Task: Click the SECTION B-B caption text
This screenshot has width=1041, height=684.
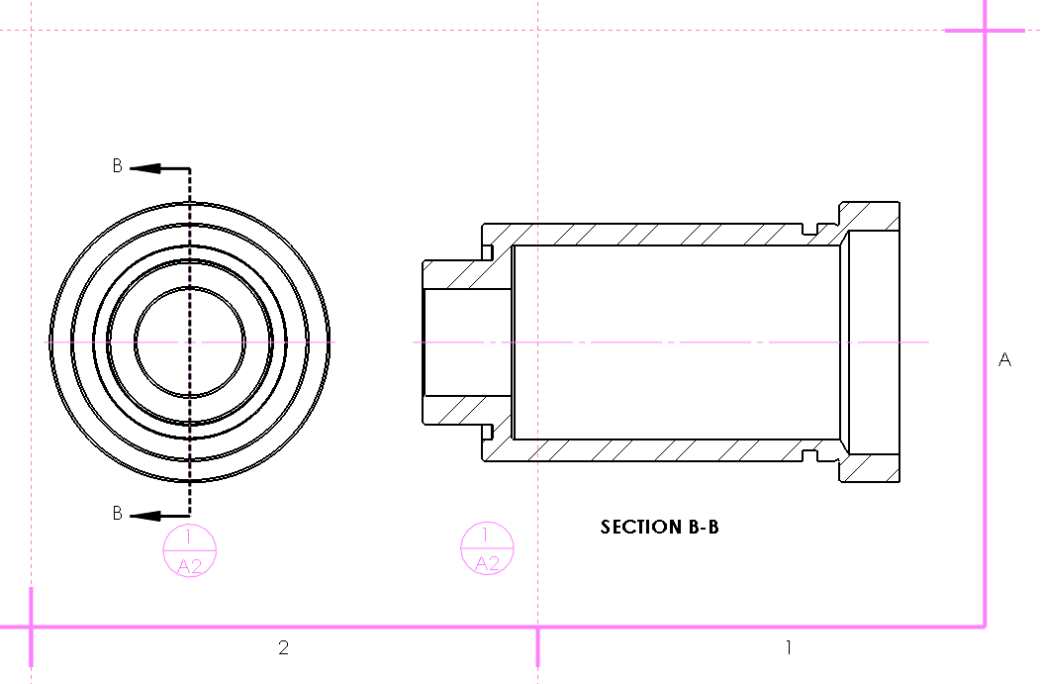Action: [659, 527]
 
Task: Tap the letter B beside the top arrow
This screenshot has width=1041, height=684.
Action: [117, 166]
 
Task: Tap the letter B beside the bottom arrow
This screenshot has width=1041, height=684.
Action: [117, 514]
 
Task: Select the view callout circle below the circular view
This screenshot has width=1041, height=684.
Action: [189, 551]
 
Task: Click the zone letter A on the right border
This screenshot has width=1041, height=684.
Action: [1004, 360]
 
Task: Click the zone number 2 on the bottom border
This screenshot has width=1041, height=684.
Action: [283, 648]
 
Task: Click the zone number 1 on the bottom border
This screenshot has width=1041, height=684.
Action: [788, 648]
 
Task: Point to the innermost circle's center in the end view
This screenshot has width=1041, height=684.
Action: [189, 342]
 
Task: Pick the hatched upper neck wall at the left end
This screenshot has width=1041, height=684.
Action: [465, 274]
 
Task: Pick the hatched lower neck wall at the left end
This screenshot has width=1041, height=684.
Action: [465, 409]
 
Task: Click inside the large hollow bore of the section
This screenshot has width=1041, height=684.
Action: [673, 317]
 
